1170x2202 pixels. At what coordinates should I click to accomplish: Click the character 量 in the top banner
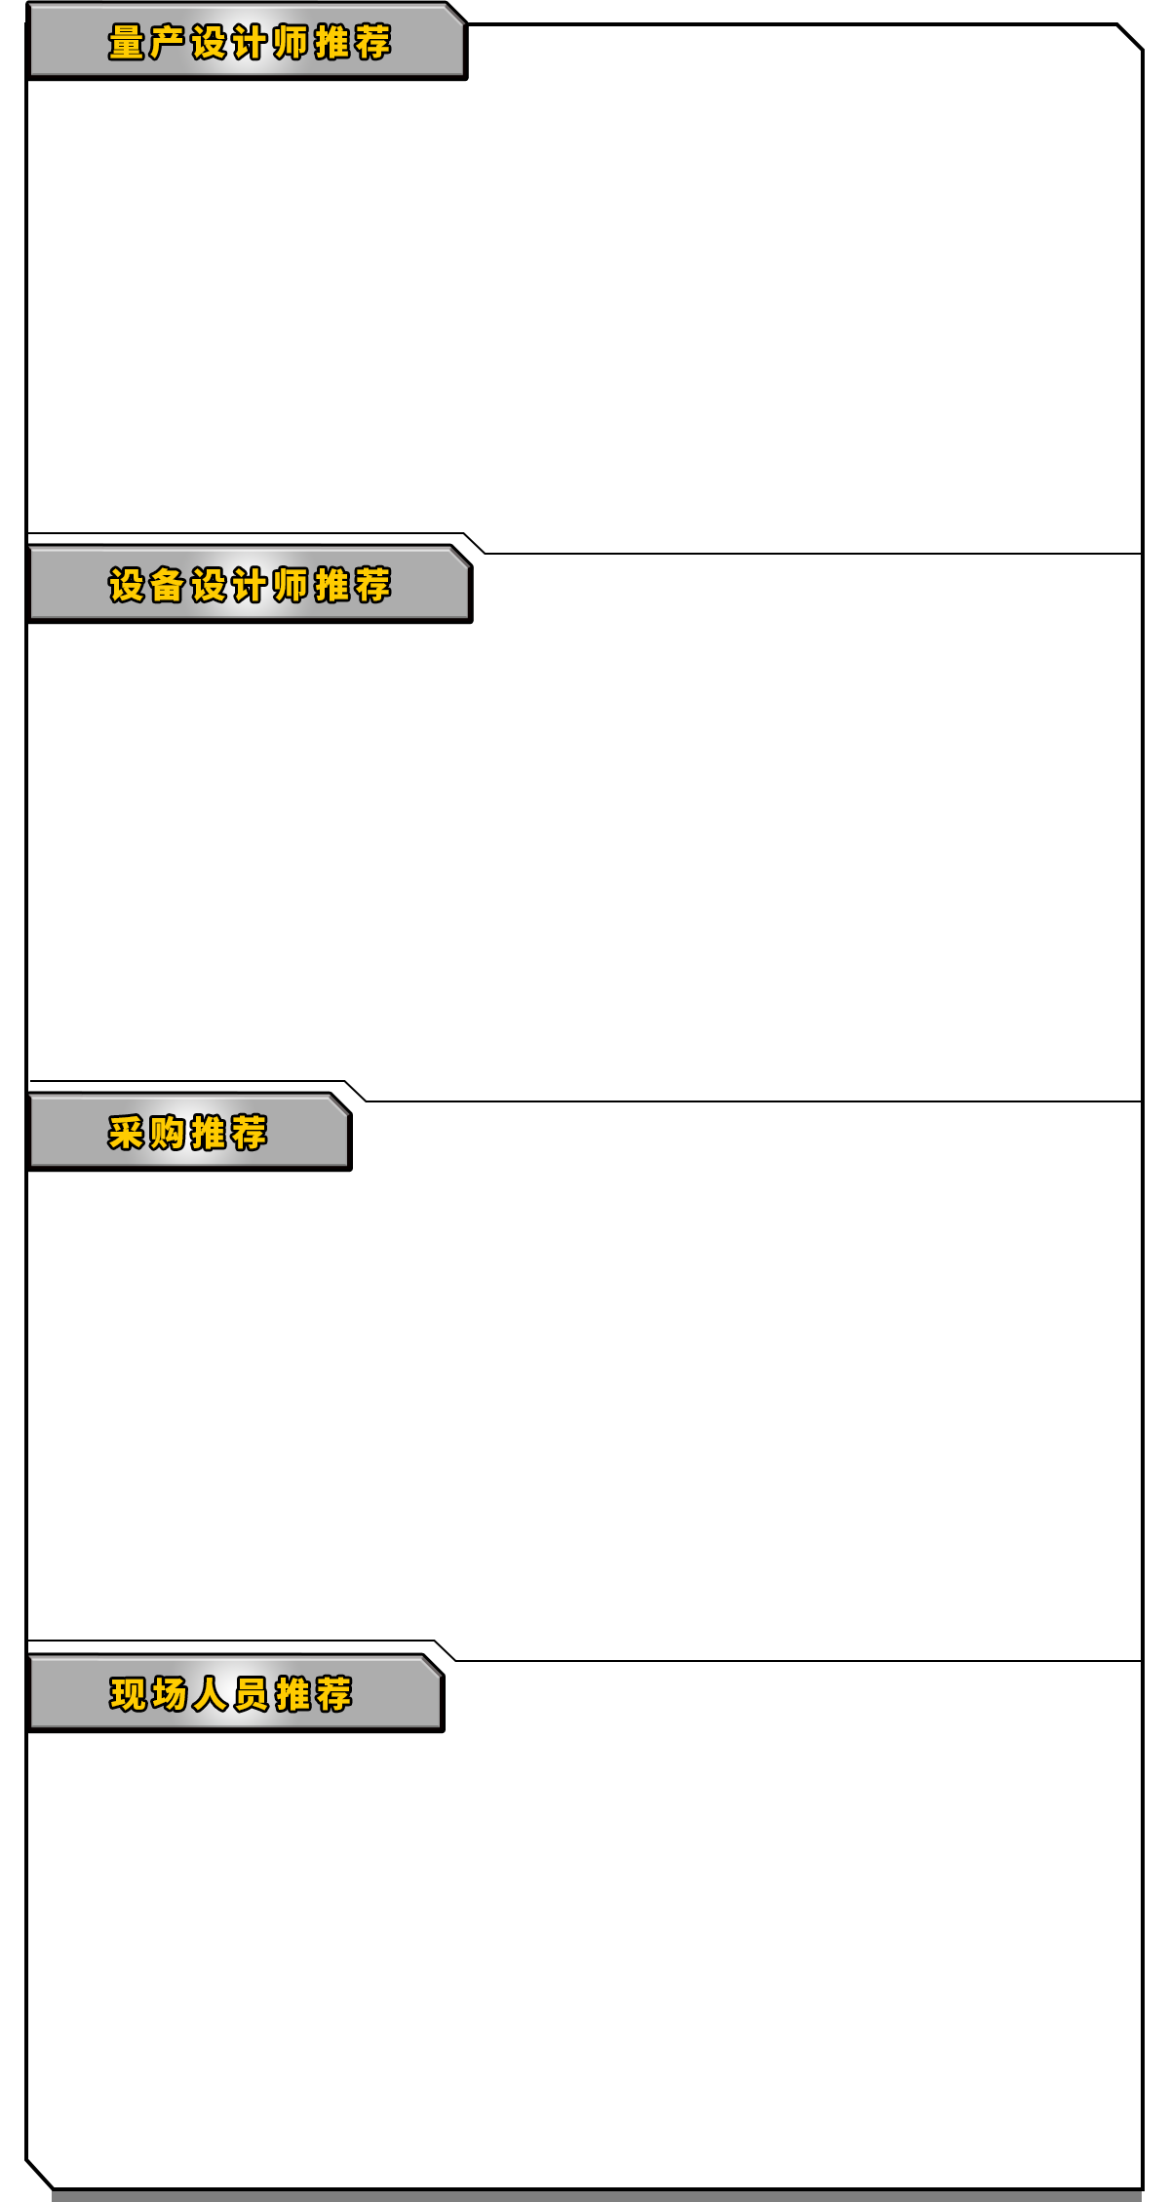pos(127,43)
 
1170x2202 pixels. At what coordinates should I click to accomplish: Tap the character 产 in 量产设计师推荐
pos(168,43)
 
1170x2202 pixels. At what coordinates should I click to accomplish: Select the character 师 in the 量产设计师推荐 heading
pos(291,43)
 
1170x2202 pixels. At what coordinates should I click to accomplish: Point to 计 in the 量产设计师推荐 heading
pos(250,43)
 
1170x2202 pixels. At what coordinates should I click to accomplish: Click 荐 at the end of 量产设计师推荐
pos(372,43)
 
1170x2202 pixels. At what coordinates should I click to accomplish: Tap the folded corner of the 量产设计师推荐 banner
pos(454,13)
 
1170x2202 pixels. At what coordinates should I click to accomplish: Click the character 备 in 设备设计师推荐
pos(168,586)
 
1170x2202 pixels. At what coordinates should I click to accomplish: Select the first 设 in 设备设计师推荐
pos(127,586)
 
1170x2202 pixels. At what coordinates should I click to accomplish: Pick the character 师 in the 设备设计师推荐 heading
pos(291,586)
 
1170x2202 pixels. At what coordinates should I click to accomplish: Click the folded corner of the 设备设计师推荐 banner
pos(459,556)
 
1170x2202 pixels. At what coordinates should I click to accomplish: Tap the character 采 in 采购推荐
pos(127,1134)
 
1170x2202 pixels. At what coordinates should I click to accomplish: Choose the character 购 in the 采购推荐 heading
pos(168,1134)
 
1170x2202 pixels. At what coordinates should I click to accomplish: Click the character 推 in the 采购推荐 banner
pos(209,1134)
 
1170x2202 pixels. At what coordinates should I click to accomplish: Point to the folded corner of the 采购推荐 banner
pos(338,1103)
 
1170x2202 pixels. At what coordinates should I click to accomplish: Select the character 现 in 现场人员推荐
pos(128,1695)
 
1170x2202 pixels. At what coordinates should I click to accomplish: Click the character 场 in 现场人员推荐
pos(169,1695)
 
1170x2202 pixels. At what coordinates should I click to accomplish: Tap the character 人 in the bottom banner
pos(210,1695)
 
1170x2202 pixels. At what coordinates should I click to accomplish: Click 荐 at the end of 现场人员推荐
pos(333,1695)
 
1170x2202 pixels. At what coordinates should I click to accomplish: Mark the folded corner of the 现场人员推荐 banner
pos(431,1665)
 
